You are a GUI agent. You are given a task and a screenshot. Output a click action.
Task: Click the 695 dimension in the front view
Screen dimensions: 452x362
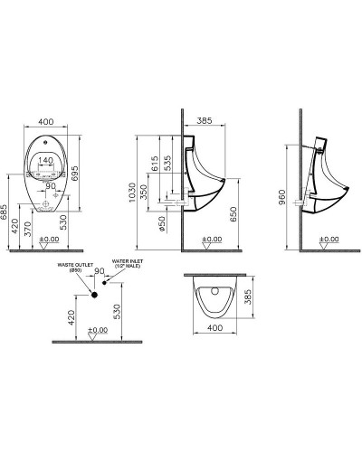[x=89, y=172]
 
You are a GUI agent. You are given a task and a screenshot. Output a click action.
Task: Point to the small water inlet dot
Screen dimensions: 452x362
[x=106, y=283]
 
